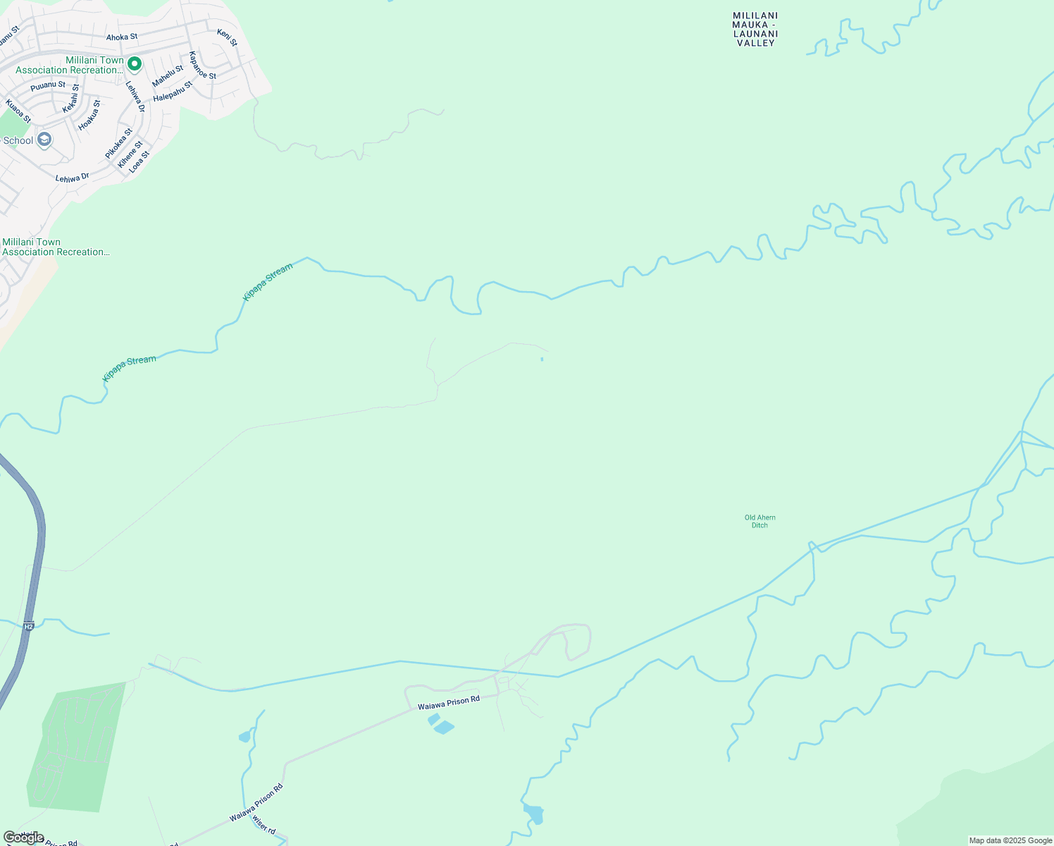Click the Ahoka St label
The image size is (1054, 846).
pos(122,37)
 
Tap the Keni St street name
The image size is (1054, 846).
pos(227,38)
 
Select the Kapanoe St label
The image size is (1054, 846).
pos(202,65)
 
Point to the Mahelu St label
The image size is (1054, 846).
pos(168,75)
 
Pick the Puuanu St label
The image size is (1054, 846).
pos(48,86)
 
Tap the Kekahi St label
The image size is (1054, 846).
pos(71,99)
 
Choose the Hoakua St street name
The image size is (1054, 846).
pos(89,115)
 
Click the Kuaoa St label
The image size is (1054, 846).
pos(18,111)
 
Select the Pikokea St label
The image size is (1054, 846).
pos(118,143)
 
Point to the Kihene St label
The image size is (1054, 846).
pos(130,155)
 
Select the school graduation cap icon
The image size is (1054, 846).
pos(44,140)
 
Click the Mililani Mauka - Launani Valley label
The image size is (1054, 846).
pos(755,29)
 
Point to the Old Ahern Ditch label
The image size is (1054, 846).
pos(759,521)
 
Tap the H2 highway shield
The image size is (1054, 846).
pos(28,626)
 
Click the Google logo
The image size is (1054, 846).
pos(24,838)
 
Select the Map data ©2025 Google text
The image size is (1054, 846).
pos(1010,840)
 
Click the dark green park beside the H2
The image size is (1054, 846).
pos(77,747)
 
